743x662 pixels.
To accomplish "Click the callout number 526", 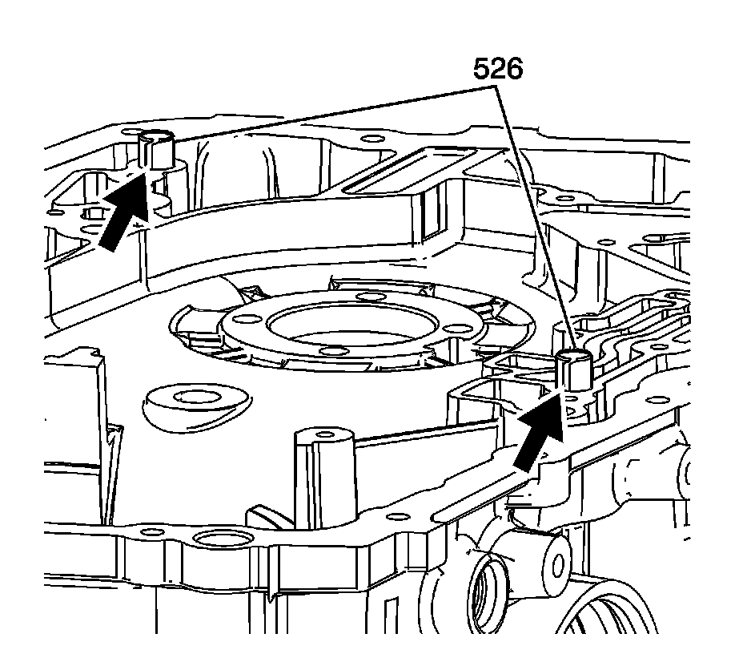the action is coord(497,70).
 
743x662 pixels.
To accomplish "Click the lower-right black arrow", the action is coord(538,436).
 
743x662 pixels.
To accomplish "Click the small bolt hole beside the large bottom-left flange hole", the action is coord(145,532).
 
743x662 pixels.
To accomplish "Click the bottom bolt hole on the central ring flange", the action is coord(331,351).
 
